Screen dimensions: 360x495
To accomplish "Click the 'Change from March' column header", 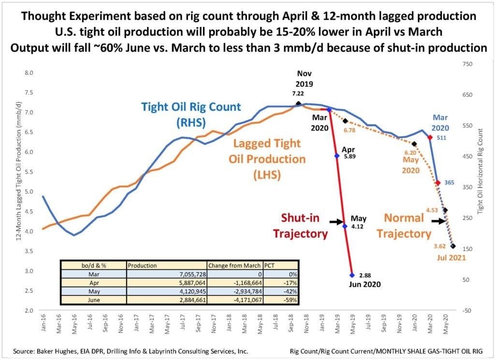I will pos(234,265).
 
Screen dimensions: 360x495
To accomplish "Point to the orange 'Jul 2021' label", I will pos(452,258).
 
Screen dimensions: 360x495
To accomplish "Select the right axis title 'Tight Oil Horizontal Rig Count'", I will pos(481,169).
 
